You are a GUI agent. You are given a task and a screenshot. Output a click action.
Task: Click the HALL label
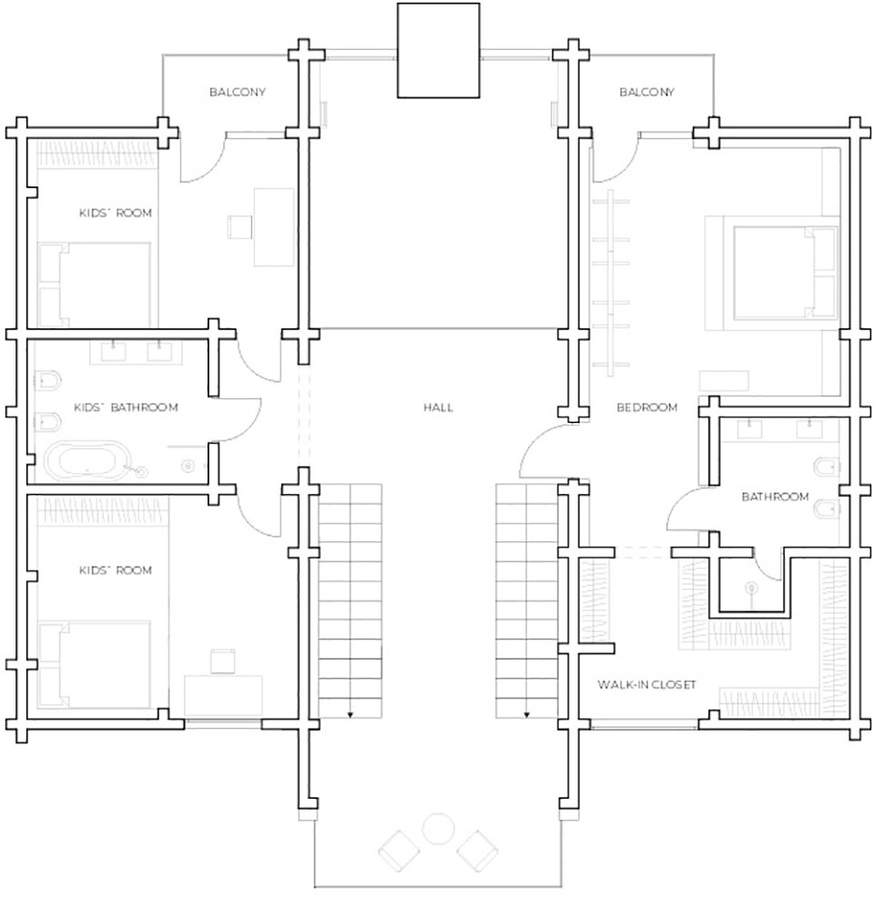438,407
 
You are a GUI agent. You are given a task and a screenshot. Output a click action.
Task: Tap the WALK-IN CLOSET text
646,684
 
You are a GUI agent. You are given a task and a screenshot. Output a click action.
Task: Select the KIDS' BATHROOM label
126,407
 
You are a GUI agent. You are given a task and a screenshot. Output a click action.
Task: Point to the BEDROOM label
647,407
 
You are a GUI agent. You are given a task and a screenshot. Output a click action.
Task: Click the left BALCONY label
238,92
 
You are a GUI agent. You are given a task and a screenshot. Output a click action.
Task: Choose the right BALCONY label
647,92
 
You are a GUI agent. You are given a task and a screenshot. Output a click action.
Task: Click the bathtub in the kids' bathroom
87,460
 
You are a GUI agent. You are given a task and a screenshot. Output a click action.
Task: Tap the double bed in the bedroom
772,273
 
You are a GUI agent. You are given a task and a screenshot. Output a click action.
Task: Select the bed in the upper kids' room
95,285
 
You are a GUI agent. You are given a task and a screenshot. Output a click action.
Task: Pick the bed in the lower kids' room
95,664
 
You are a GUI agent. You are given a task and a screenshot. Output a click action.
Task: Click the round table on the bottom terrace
438,829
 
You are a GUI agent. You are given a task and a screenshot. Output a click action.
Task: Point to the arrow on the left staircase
351,714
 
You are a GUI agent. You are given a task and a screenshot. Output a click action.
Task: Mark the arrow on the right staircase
526,714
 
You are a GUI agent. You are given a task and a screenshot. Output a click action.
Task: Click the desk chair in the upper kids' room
239,227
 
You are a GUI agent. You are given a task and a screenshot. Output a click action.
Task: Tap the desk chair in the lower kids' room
222,660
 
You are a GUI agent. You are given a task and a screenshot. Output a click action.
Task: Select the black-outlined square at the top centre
439,50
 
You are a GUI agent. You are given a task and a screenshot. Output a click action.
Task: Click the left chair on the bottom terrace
400,851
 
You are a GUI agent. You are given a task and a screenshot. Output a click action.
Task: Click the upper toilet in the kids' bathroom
47,380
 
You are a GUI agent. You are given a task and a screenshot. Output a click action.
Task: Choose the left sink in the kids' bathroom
114,351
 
